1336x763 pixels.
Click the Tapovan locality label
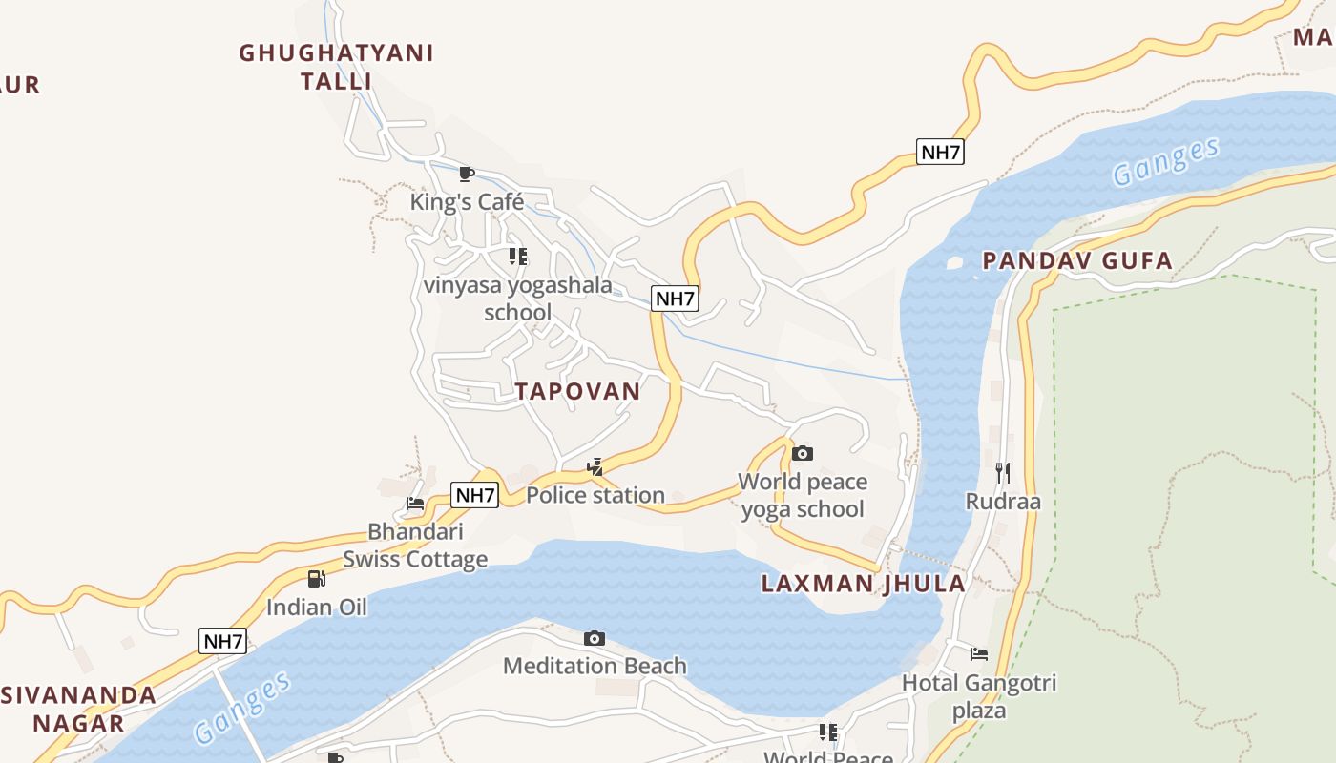coord(577,391)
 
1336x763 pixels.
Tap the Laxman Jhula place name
coord(863,584)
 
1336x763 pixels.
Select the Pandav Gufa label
coord(1077,260)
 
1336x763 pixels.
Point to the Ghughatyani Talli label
coord(336,67)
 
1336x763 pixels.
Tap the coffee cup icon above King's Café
coord(467,174)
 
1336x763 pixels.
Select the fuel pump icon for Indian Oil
coord(316,578)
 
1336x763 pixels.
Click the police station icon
coord(595,467)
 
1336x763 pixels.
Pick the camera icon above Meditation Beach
coord(594,638)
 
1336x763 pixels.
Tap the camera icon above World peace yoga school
coord(803,453)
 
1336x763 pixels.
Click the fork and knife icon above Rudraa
coord(1002,472)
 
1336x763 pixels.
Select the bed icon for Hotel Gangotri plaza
coord(979,654)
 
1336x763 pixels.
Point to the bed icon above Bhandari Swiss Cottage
coord(415,504)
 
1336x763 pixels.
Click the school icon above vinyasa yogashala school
coord(517,256)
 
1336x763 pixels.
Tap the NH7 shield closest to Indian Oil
coord(223,641)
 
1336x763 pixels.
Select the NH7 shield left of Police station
coord(474,495)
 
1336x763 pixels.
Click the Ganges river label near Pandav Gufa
coord(1165,161)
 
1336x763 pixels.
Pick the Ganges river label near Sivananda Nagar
coord(242,708)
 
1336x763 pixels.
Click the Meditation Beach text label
coord(595,666)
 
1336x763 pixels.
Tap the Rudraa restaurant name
coord(1002,502)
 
